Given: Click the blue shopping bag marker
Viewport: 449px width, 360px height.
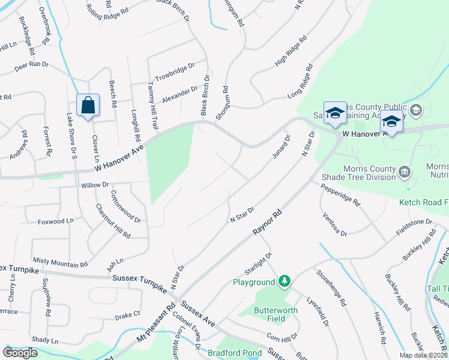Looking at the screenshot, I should click(88, 106).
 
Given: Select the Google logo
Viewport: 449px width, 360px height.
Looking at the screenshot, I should click(20, 353).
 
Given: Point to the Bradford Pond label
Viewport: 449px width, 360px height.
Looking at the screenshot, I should click(235, 353).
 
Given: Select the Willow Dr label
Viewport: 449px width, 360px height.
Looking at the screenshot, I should click(95, 185).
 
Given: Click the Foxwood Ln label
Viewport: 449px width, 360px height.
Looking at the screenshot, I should click(55, 221).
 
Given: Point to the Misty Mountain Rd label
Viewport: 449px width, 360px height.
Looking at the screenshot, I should click(60, 263).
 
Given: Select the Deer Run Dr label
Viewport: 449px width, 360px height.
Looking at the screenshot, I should click(31, 65).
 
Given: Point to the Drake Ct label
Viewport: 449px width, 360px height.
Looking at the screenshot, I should click(127, 314).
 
